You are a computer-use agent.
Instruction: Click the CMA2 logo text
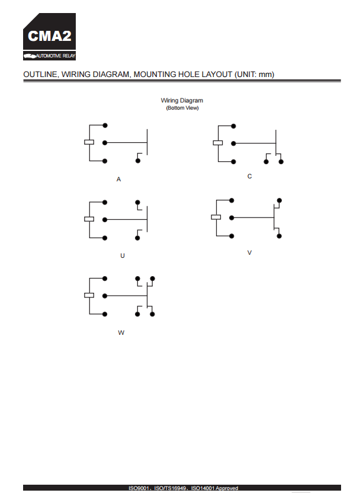coord(50,36)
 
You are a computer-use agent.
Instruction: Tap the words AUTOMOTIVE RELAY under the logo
coord(56,56)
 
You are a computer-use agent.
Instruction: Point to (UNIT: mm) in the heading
coord(254,75)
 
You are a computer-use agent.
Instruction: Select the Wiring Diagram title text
coord(182,101)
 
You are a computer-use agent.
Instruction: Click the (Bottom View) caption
coord(182,108)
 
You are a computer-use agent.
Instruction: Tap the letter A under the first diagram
coord(118,179)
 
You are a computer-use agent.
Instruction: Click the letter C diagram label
coord(249,177)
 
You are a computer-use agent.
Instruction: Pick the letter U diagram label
coord(123,255)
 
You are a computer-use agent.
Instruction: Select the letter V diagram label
coord(249,253)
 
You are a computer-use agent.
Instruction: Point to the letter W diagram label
coord(121,332)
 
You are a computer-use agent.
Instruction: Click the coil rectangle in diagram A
coord(89,142)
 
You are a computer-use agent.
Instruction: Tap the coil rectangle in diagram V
coord(216,217)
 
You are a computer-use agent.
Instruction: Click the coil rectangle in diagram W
coord(89,295)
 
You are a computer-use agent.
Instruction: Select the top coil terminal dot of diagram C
coord(233,126)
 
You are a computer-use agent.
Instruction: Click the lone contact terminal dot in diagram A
coord(138,161)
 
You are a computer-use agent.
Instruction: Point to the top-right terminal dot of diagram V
coord(279,200)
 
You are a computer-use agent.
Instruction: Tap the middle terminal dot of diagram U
coord(105,219)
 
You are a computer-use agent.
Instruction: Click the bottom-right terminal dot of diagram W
coord(152,314)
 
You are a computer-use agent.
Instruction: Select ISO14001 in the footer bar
coord(202,488)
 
